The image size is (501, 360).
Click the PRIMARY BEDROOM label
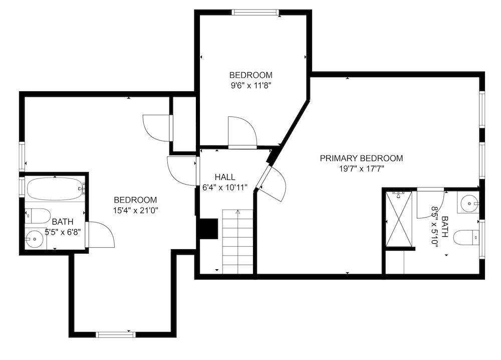coord(361,158)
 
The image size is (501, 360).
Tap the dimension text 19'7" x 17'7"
coord(361,169)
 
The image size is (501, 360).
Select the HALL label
coord(225,177)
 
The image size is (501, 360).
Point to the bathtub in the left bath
coord(54,189)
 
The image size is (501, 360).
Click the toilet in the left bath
coord(38,216)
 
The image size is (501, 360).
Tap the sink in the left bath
coord(35,239)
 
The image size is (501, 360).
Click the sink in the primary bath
coord(469,204)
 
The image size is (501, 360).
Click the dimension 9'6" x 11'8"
coord(251,85)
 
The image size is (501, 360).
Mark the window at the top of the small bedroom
coord(255,13)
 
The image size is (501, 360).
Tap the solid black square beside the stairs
coord(208,229)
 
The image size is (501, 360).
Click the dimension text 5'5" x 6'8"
coord(63,232)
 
